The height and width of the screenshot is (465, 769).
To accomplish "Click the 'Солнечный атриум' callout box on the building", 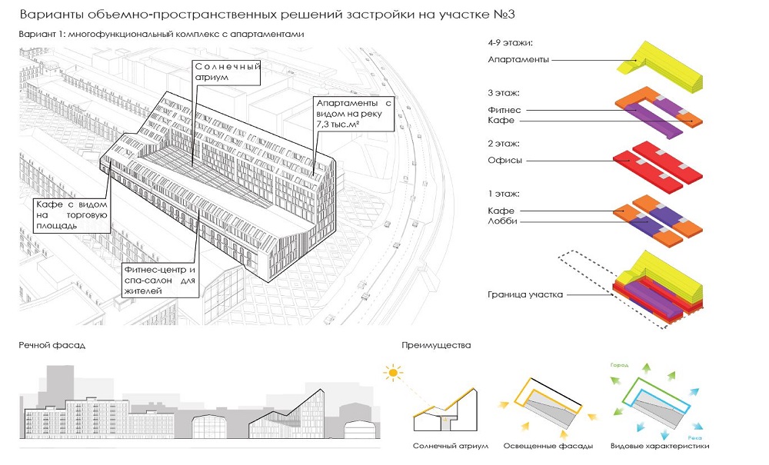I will (227, 72).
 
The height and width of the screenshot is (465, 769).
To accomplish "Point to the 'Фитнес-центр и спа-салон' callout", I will (161, 281).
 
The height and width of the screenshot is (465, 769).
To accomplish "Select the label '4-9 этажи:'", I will (510, 44).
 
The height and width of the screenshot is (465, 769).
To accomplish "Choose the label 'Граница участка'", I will (524, 295).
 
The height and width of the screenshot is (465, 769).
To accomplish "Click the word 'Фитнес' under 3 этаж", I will (504, 109).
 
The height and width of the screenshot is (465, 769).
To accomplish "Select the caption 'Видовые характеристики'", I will (659, 447).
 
